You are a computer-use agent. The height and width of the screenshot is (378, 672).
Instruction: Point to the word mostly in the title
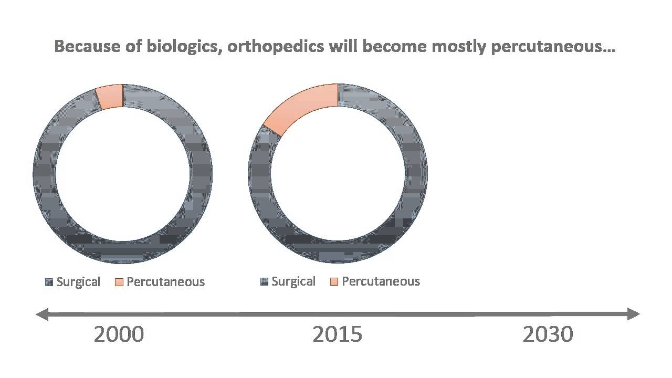[x=459, y=47]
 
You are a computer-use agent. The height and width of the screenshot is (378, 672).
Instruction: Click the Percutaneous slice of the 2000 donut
[x=110, y=96]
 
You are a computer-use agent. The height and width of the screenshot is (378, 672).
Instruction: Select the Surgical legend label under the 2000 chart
[x=78, y=282]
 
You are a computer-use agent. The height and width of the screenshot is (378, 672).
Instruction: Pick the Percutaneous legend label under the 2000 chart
[x=165, y=282]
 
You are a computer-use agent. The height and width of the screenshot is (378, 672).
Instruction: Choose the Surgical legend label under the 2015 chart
[x=293, y=281]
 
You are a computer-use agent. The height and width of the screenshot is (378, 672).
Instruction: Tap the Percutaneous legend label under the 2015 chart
[x=381, y=281]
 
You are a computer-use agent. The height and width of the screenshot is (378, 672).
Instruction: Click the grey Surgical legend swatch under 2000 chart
[x=49, y=282]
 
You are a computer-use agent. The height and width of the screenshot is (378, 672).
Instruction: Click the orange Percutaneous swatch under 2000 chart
[x=119, y=282]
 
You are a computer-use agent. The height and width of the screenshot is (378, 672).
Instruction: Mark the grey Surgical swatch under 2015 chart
[x=264, y=282]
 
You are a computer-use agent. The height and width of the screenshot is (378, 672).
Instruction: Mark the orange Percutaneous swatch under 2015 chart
[x=334, y=282]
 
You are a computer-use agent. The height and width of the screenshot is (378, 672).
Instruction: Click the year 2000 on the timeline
[x=119, y=334]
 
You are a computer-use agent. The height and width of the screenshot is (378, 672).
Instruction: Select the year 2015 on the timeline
[x=337, y=334]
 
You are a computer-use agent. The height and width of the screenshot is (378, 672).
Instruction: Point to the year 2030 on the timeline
[x=548, y=334]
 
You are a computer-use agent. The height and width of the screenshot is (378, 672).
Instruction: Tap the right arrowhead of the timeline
[x=635, y=314]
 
